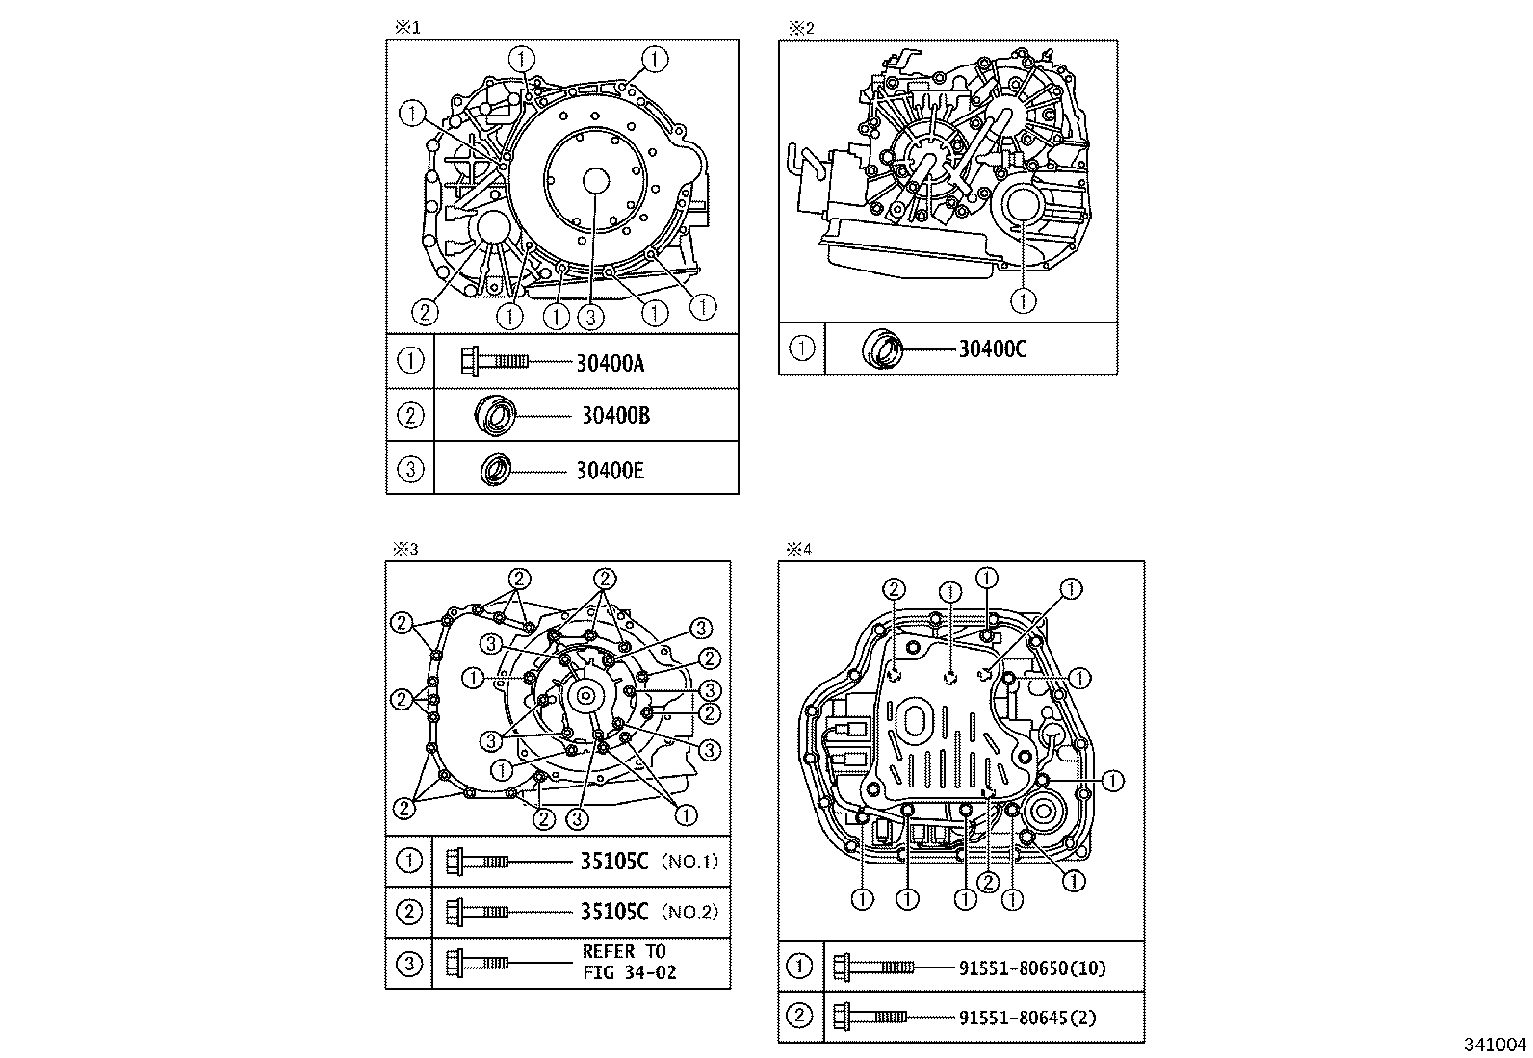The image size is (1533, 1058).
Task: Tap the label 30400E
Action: coord(610,471)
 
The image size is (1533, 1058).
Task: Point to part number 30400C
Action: coord(992,349)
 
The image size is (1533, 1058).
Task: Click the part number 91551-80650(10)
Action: coord(1032,968)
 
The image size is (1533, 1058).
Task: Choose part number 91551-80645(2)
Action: coord(1027,1017)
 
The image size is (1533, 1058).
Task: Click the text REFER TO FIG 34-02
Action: coord(629,962)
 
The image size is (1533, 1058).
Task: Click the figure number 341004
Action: coord(1495,1045)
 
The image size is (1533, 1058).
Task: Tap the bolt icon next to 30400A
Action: coord(494,362)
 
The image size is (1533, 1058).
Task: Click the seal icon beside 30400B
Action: coord(497,416)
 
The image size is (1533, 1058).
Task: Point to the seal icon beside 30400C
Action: coord(882,348)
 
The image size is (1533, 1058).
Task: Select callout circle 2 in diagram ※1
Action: coord(424,311)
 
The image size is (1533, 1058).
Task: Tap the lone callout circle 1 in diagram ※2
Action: coord(1023,301)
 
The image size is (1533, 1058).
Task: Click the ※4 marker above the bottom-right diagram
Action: coord(800,550)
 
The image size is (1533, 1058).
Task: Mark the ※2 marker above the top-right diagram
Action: coord(801,28)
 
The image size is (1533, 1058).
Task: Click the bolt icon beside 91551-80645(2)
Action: coord(869,1015)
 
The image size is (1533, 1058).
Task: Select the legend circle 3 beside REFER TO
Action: coord(409,963)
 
